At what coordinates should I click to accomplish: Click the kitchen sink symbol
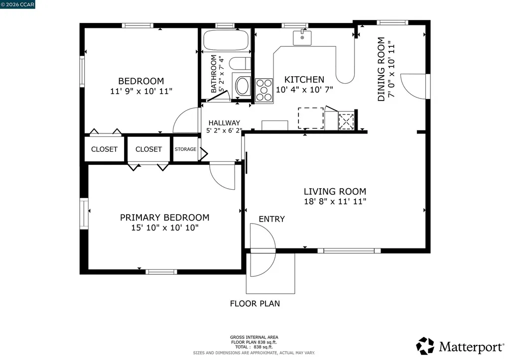(x=302, y=37)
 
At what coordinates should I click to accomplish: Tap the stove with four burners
(x=264, y=91)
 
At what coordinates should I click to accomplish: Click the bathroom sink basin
(x=243, y=86)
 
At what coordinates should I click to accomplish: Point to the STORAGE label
(x=185, y=149)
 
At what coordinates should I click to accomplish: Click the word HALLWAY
(x=224, y=123)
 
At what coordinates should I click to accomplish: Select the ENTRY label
(x=271, y=219)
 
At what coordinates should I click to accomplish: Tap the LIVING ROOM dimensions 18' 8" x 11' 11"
(x=335, y=202)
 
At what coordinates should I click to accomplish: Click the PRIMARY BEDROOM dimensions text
(x=164, y=228)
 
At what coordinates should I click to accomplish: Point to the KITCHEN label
(x=304, y=80)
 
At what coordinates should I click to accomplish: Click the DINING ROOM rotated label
(x=381, y=70)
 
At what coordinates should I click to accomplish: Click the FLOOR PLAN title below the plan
(x=255, y=303)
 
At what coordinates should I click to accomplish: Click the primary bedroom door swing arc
(x=223, y=177)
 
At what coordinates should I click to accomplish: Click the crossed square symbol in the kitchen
(x=346, y=121)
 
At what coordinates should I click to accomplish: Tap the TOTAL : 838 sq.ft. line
(x=254, y=346)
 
